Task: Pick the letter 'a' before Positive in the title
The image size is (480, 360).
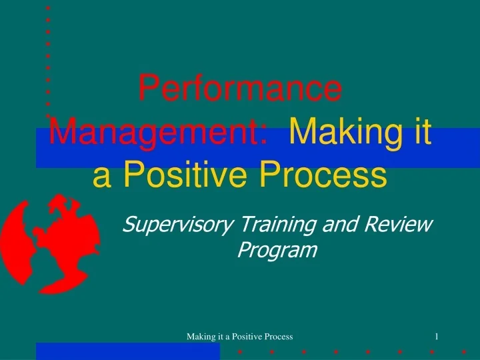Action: click(103, 177)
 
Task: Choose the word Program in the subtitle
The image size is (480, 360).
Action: click(277, 250)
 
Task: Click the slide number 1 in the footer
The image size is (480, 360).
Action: click(436, 337)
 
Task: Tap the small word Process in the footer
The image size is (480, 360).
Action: click(280, 337)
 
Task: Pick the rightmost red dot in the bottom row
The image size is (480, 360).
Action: click(463, 351)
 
